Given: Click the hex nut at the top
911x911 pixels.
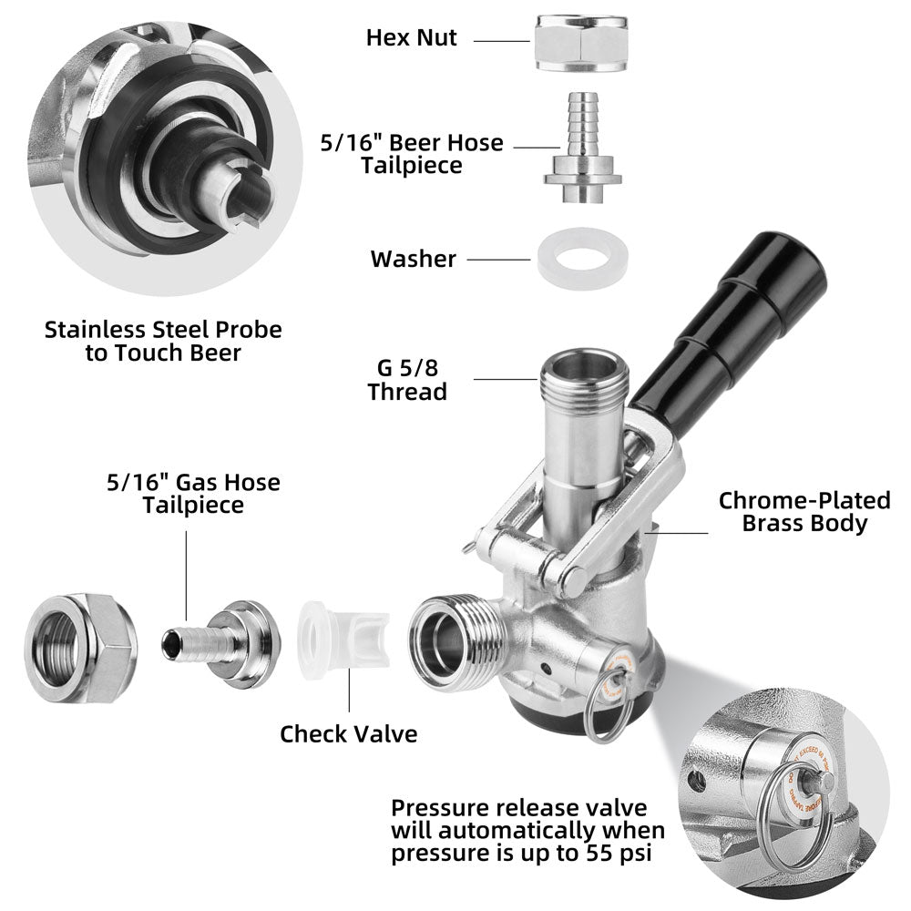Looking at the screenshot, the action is pyautogui.click(x=581, y=43).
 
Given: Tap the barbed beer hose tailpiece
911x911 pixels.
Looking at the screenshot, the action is pyautogui.click(x=582, y=148).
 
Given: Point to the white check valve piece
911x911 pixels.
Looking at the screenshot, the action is pyautogui.click(x=343, y=640).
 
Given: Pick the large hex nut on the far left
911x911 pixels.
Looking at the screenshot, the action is pyautogui.click(x=81, y=648).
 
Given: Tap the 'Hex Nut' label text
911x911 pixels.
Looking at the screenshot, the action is pyautogui.click(x=412, y=37).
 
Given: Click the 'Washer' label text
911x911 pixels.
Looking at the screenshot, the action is pyautogui.click(x=413, y=259).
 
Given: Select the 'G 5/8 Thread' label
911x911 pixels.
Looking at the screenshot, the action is pyautogui.click(x=407, y=380).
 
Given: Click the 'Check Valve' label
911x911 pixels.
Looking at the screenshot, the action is pyautogui.click(x=349, y=733).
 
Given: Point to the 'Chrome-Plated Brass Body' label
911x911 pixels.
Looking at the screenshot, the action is pyautogui.click(x=804, y=512).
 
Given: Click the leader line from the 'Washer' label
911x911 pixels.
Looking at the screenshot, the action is pyautogui.click(x=498, y=260).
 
